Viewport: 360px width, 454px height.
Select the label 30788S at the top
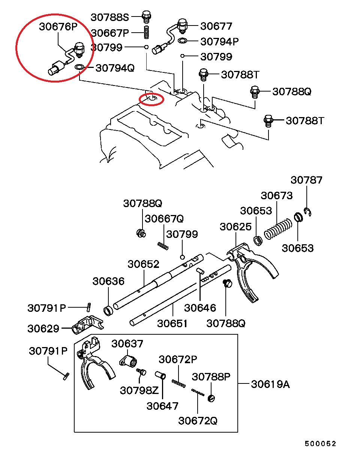(110, 17)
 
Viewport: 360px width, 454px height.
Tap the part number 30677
(216, 26)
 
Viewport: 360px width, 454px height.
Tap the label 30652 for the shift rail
(143, 264)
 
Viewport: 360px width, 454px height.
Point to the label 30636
(108, 281)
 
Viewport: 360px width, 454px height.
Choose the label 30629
(43, 329)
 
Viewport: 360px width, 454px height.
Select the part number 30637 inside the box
(127, 343)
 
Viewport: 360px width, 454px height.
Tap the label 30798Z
(139, 390)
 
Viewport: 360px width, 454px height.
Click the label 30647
(162, 406)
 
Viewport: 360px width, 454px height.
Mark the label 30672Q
(198, 421)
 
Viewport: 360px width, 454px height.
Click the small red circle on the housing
(151, 99)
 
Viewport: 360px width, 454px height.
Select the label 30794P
(219, 41)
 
